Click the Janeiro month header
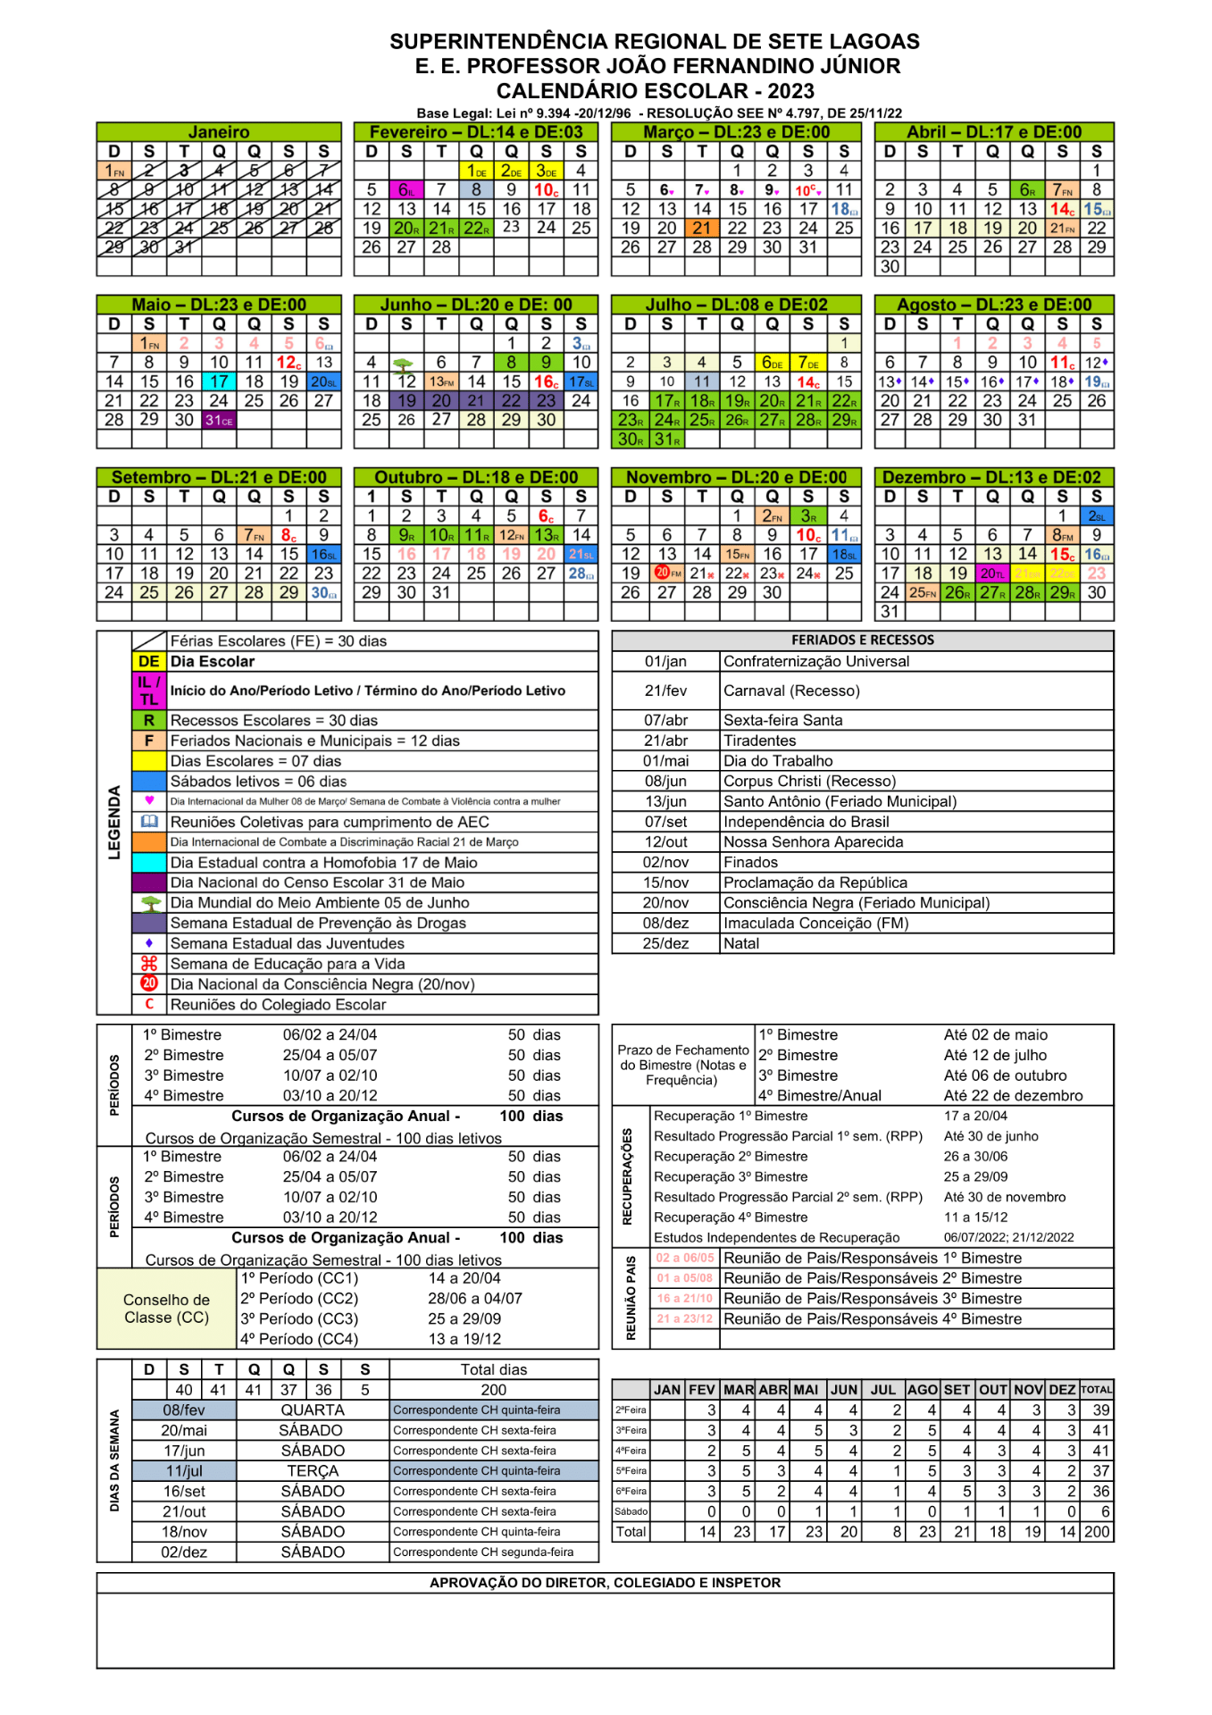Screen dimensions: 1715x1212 [x=219, y=132]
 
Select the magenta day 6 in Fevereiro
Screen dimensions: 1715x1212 [x=406, y=190]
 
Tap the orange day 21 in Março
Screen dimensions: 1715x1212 [x=702, y=228]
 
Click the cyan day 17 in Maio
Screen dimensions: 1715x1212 [x=219, y=381]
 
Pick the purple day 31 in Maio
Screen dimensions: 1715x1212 [x=219, y=420]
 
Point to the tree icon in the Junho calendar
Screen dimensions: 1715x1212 [x=404, y=364]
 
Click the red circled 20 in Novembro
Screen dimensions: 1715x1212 [x=663, y=573]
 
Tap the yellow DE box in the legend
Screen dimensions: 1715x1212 [x=149, y=662]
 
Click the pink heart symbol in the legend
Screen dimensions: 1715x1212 [x=149, y=800]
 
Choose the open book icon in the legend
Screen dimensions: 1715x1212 [x=149, y=822]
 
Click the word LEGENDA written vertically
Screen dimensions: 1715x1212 [x=114, y=823]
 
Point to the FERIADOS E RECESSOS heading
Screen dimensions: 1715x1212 [x=862, y=640]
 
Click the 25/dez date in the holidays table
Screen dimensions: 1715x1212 [x=665, y=943]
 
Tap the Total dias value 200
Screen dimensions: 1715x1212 [x=493, y=1390]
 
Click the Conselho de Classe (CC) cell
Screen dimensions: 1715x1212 [x=167, y=1309]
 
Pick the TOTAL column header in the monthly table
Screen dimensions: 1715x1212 [x=1096, y=1390]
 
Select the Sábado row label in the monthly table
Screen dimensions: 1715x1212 [x=631, y=1511]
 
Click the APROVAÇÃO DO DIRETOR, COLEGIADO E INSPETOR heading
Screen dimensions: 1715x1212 [x=605, y=1583]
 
